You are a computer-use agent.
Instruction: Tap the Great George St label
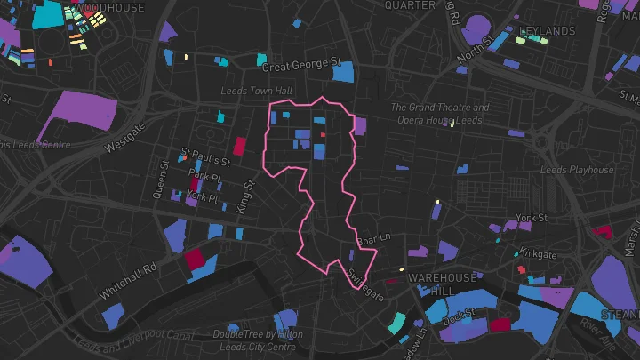point(302,65)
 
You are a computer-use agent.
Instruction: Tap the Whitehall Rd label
point(129,278)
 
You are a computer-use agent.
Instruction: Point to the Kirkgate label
point(539,254)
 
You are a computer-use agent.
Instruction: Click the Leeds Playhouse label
point(578,170)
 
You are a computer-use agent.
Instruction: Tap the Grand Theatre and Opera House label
point(440,114)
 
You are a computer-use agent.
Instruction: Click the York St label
point(531,218)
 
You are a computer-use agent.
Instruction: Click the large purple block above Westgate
point(77,116)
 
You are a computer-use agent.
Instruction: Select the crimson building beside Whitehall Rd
point(193,260)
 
